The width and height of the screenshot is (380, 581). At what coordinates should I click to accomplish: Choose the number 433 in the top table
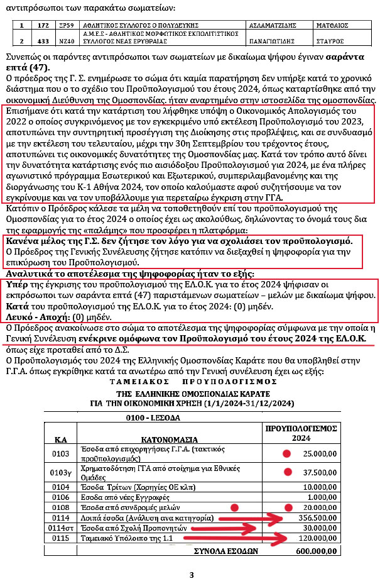click(x=43, y=39)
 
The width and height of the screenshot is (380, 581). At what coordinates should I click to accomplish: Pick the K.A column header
click(x=60, y=439)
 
